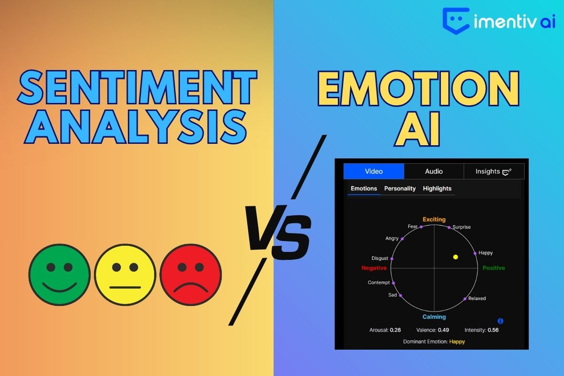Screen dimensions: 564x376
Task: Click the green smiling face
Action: coord(59,274)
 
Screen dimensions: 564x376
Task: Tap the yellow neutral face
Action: coord(125,274)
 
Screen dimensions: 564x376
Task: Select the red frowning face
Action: coord(191,274)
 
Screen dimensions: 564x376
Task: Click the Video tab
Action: coord(374,171)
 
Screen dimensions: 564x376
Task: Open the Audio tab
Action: coord(434,171)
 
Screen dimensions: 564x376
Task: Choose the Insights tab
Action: coord(494,171)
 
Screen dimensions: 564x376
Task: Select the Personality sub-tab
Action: coord(400,188)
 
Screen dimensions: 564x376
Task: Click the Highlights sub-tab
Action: coord(437,188)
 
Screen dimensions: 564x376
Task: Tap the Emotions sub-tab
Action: coord(364,188)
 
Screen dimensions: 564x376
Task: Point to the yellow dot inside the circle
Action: coord(455,257)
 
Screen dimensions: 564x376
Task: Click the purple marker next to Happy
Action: coord(475,253)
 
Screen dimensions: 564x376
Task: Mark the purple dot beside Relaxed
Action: coord(465,299)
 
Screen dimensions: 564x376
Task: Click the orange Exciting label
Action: coord(434,219)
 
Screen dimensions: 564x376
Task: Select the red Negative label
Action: coord(374,268)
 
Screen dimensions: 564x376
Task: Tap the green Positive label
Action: coord(494,268)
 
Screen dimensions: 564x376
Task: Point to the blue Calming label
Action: coord(434,317)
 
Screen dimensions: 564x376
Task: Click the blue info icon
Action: coord(500,321)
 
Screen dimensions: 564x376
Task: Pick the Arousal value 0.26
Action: coord(395,330)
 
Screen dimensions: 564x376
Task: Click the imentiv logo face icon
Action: coord(456,21)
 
